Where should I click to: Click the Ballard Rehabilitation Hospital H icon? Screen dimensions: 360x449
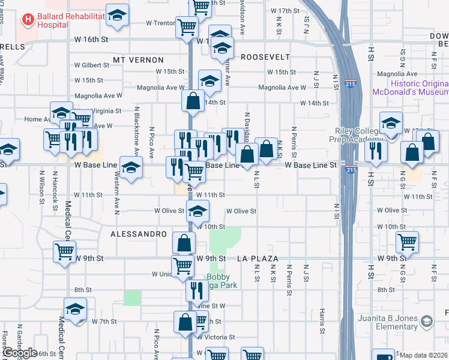pos(28,20)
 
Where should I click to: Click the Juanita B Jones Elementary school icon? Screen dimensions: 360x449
pos(426,322)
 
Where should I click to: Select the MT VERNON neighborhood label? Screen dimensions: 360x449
pos(138,60)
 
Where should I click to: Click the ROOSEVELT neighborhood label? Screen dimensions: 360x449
pos(265,57)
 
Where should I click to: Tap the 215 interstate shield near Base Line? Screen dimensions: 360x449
pos(351,170)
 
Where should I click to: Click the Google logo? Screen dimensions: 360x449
pos(19,353)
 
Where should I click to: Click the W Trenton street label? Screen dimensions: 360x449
pos(160,23)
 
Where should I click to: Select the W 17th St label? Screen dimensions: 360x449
pos(285,11)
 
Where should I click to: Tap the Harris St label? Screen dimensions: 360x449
pos(322,322)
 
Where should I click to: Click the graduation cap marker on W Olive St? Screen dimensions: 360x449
pos(197,211)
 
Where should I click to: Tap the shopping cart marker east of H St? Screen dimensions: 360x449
pos(408,242)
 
